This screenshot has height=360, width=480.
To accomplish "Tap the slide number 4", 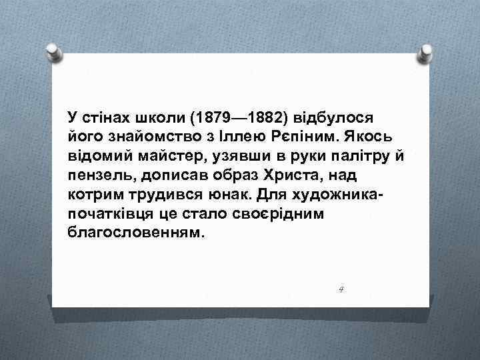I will click(x=340, y=289).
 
